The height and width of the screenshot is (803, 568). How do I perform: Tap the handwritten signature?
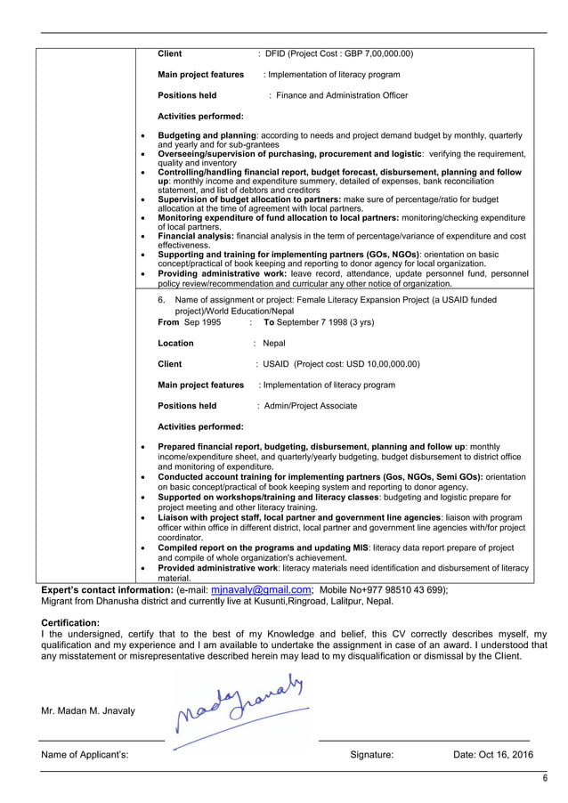pos(242,709)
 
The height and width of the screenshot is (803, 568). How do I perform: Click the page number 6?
pos(544,778)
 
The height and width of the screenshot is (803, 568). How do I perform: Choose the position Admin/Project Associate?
pos(310,406)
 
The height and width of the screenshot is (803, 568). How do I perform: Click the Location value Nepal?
pos(274,343)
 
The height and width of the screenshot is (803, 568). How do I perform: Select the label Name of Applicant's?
pos(85,755)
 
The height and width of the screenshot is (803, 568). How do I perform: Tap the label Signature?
pos(371,755)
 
